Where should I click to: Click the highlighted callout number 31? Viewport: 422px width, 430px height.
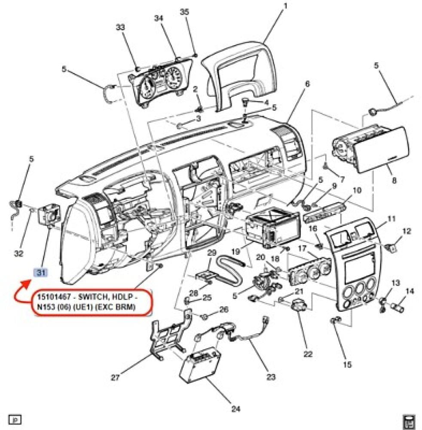(41, 272)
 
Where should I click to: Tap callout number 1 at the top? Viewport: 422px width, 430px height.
(285, 6)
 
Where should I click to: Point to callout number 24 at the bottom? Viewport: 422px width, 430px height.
(235, 408)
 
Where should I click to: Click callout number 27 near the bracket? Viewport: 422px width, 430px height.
(115, 378)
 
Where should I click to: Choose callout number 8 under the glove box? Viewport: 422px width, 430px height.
(394, 181)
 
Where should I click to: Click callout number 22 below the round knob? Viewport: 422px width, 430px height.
(308, 354)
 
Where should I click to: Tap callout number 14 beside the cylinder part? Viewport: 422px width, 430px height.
(410, 291)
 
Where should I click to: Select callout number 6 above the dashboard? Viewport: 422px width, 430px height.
(307, 84)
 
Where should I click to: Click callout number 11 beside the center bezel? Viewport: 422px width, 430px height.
(391, 219)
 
